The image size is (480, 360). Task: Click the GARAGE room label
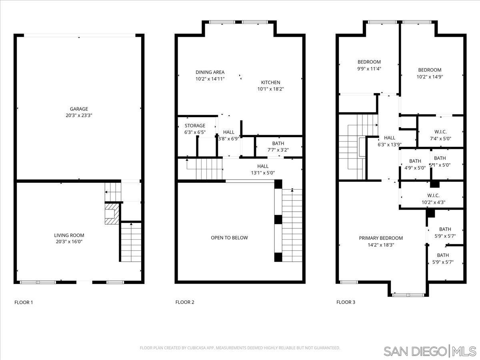pos(79,109)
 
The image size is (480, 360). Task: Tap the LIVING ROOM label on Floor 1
pos(69,235)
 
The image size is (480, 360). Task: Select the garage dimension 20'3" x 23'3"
pos(79,115)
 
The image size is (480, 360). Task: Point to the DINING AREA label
pos(210,72)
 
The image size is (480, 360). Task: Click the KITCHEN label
pos(271,82)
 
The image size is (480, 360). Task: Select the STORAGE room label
pos(195,126)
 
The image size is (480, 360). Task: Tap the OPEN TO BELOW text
pos(229,238)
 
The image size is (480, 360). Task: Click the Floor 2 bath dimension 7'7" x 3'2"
pos(278,150)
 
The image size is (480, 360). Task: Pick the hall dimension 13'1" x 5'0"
pos(263,173)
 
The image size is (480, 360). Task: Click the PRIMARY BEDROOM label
pos(381,238)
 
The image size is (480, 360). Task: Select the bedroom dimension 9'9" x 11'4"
pos(369,68)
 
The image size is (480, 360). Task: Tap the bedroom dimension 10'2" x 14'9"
pos(430,76)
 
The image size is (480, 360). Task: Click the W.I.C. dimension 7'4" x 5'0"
pos(440,138)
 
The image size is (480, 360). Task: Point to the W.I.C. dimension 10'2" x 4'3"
pos(433,202)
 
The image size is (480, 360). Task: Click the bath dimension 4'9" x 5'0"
pos(415,168)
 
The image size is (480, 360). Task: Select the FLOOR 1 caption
pos(24,302)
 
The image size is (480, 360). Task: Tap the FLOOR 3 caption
pos(346,302)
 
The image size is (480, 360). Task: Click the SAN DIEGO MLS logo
pos(429,351)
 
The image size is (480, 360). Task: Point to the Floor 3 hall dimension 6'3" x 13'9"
pos(390,145)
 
